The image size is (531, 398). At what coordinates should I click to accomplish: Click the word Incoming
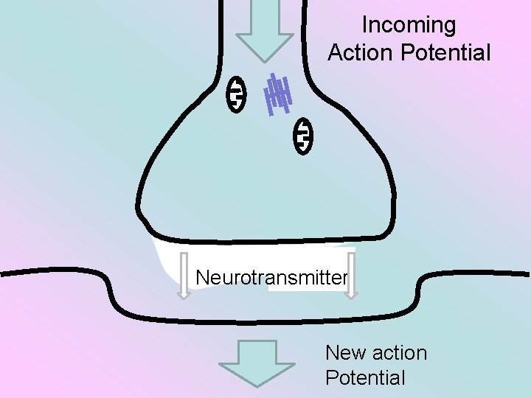tap(409, 25)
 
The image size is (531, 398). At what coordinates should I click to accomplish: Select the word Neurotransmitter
tap(271, 278)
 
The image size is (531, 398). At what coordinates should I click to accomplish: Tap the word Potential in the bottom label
tap(365, 378)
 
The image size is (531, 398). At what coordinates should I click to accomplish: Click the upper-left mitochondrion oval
tap(236, 94)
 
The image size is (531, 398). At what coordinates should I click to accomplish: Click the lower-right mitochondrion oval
tap(303, 136)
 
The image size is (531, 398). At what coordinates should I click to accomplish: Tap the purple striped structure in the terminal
tap(277, 96)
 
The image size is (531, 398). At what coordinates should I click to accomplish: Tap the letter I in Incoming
tap(364, 25)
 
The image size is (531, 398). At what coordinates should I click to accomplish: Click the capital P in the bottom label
tap(331, 378)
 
